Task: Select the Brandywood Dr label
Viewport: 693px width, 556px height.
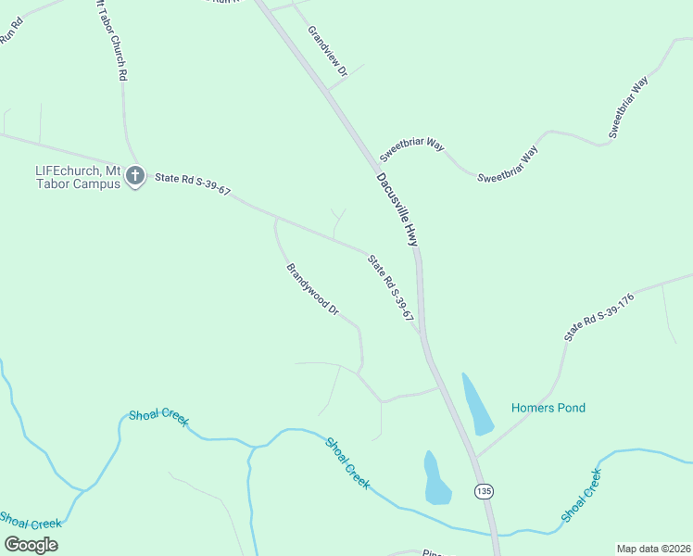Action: coord(312,289)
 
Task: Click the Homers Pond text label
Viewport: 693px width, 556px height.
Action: coord(548,408)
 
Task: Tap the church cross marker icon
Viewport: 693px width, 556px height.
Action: coord(135,174)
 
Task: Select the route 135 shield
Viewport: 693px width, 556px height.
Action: coord(483,490)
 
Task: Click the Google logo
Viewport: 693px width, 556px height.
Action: coord(31,544)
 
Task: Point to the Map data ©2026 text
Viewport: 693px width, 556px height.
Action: coord(653,548)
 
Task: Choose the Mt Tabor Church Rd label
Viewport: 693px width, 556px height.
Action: coord(110,42)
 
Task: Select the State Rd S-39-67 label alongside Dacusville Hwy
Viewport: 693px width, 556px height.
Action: coord(390,288)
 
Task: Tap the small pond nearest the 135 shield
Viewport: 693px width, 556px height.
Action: coord(435,479)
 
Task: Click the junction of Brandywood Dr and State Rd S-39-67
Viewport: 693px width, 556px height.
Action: coord(276,219)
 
